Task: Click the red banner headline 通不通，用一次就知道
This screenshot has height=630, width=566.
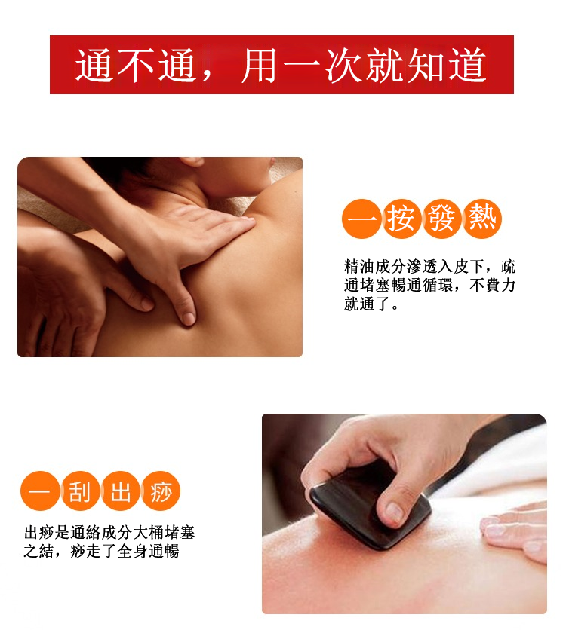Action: click(x=281, y=66)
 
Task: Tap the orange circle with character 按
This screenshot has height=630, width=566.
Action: click(x=401, y=219)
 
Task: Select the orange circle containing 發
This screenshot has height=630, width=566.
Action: click(x=441, y=219)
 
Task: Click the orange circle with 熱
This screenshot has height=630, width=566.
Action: click(x=482, y=219)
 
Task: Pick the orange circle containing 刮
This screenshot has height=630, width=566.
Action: click(x=80, y=491)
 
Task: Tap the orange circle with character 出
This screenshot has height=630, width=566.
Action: click(x=120, y=491)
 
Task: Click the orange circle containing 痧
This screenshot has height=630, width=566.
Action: click(x=161, y=491)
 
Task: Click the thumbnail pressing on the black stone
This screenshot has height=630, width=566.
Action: click(x=394, y=512)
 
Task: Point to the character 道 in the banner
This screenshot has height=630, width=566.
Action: click(x=467, y=66)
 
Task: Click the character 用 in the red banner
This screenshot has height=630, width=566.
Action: click(x=260, y=66)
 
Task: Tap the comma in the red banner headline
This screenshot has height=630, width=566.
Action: click(x=208, y=76)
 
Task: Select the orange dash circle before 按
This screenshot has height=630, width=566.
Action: click(x=361, y=219)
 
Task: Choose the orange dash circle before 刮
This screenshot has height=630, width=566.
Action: click(x=39, y=491)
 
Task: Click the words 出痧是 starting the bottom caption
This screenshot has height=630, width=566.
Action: click(x=47, y=533)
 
